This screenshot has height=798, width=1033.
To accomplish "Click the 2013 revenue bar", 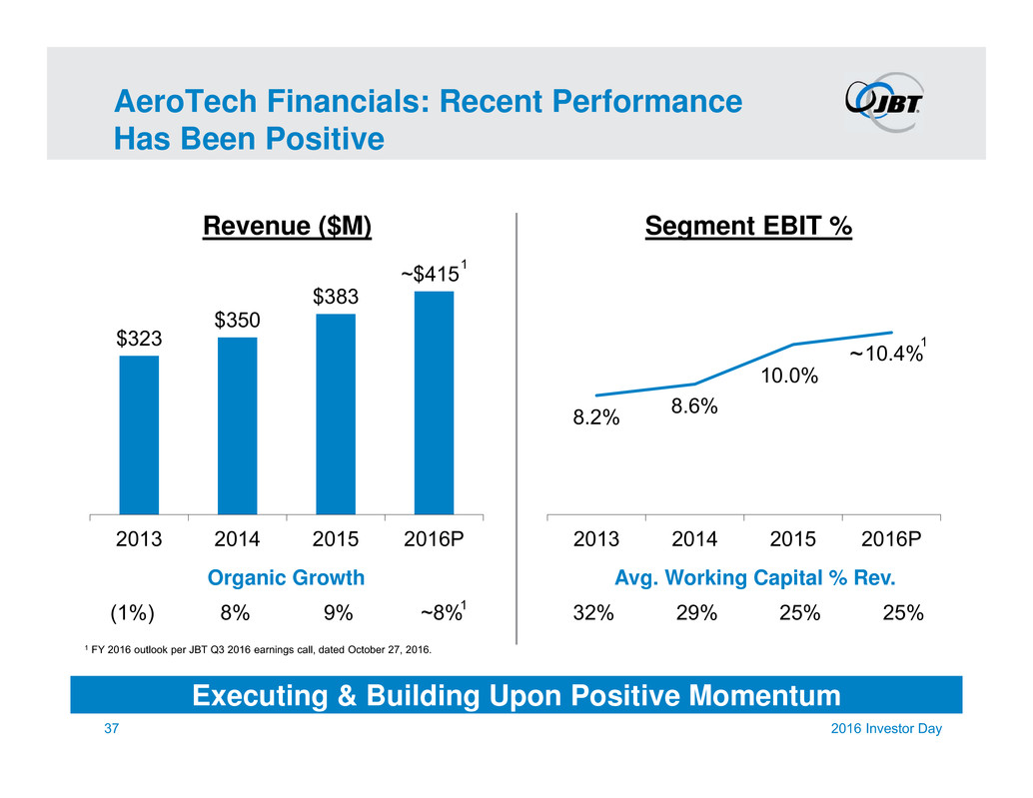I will tap(139, 434).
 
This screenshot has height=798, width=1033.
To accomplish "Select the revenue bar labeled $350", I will tap(237, 425).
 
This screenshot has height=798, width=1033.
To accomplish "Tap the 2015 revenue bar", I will tap(336, 413).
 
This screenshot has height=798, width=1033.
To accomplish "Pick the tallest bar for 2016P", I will tap(434, 402).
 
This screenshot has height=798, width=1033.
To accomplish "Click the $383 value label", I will tap(336, 297).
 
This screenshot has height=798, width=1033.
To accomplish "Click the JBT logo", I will tap(883, 102).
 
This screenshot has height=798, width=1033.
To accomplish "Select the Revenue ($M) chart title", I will tap(287, 228).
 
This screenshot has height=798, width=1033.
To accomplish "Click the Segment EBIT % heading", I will tap(748, 228).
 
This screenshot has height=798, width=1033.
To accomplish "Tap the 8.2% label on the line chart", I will tap(596, 419).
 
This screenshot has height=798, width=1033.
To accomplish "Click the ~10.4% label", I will tap(885, 353).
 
